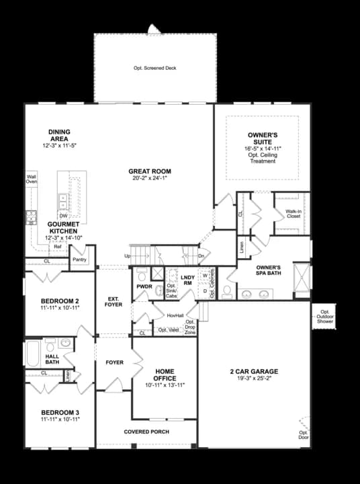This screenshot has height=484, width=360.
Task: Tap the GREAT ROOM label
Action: (x=148, y=171)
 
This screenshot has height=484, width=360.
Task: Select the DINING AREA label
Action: (x=59, y=135)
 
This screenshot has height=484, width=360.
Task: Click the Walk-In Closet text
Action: (x=293, y=214)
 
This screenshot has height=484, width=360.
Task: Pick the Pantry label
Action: (x=79, y=259)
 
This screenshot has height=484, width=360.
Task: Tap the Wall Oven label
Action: (x=32, y=179)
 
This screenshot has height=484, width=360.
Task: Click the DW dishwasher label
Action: (x=62, y=216)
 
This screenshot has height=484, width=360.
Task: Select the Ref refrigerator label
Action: (x=57, y=247)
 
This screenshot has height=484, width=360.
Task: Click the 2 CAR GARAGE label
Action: (x=254, y=371)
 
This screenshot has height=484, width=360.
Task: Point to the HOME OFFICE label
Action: (x=165, y=374)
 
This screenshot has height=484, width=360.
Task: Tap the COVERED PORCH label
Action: (x=146, y=432)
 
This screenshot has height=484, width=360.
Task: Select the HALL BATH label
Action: (x=52, y=360)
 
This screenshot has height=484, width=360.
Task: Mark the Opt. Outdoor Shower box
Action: (x=326, y=317)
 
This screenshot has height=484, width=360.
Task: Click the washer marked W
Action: (x=205, y=276)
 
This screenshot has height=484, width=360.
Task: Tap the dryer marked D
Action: (x=205, y=290)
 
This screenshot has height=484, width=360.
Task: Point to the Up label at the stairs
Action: (x=127, y=256)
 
